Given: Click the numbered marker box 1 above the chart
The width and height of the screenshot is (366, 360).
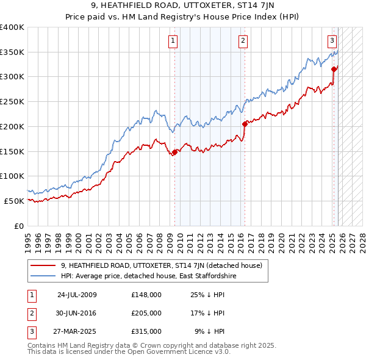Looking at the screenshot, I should [173, 41].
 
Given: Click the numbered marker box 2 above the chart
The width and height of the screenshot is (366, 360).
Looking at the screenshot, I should [243, 41].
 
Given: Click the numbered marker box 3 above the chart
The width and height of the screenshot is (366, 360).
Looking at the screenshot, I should [332, 41].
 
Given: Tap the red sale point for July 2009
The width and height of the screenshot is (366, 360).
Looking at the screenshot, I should [174, 153].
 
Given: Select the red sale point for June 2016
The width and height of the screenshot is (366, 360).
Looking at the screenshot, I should [245, 124].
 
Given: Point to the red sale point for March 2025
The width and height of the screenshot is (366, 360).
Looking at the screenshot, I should [334, 69].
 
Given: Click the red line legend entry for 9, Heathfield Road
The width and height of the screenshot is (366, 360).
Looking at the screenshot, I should [161, 265].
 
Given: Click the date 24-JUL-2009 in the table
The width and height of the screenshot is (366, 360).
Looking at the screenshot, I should [77, 295].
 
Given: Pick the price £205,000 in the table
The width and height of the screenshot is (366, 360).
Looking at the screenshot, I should [146, 313].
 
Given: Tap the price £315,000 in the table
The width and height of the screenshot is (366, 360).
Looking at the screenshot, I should [146, 331].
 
